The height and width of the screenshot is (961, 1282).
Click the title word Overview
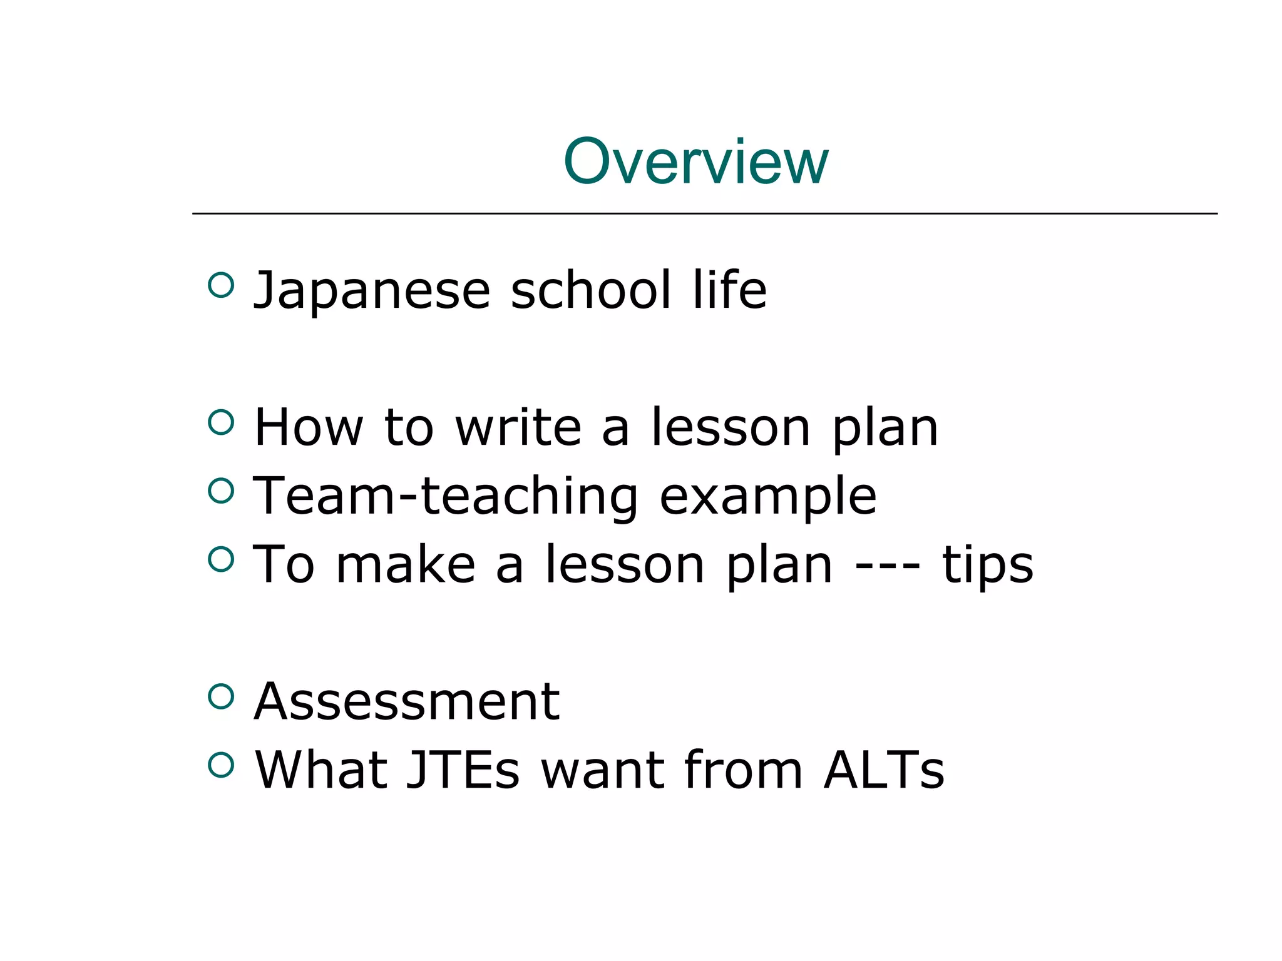pyautogui.click(x=695, y=162)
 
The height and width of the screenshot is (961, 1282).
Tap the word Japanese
pyautogui.click(x=371, y=292)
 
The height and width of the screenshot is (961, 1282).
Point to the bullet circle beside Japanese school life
pyautogui.click(x=221, y=285)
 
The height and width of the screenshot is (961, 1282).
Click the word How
pyautogui.click(x=309, y=427)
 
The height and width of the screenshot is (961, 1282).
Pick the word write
pyautogui.click(x=518, y=427)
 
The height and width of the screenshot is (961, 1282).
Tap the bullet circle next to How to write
pyautogui.click(x=221, y=422)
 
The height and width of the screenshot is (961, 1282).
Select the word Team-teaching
pyautogui.click(x=445, y=497)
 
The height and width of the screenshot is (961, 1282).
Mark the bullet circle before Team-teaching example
pyautogui.click(x=221, y=491)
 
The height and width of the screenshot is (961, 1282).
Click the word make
pyautogui.click(x=406, y=564)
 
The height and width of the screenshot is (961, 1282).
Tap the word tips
pyautogui.click(x=987, y=566)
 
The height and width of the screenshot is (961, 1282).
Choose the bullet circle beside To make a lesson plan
pyautogui.click(x=221, y=559)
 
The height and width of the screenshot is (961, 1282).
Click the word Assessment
pyautogui.click(x=407, y=702)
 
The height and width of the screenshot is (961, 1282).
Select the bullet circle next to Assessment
pyautogui.click(x=221, y=696)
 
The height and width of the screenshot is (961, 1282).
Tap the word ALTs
pyautogui.click(x=883, y=770)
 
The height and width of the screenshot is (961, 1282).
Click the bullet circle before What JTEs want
pyautogui.click(x=221, y=764)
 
